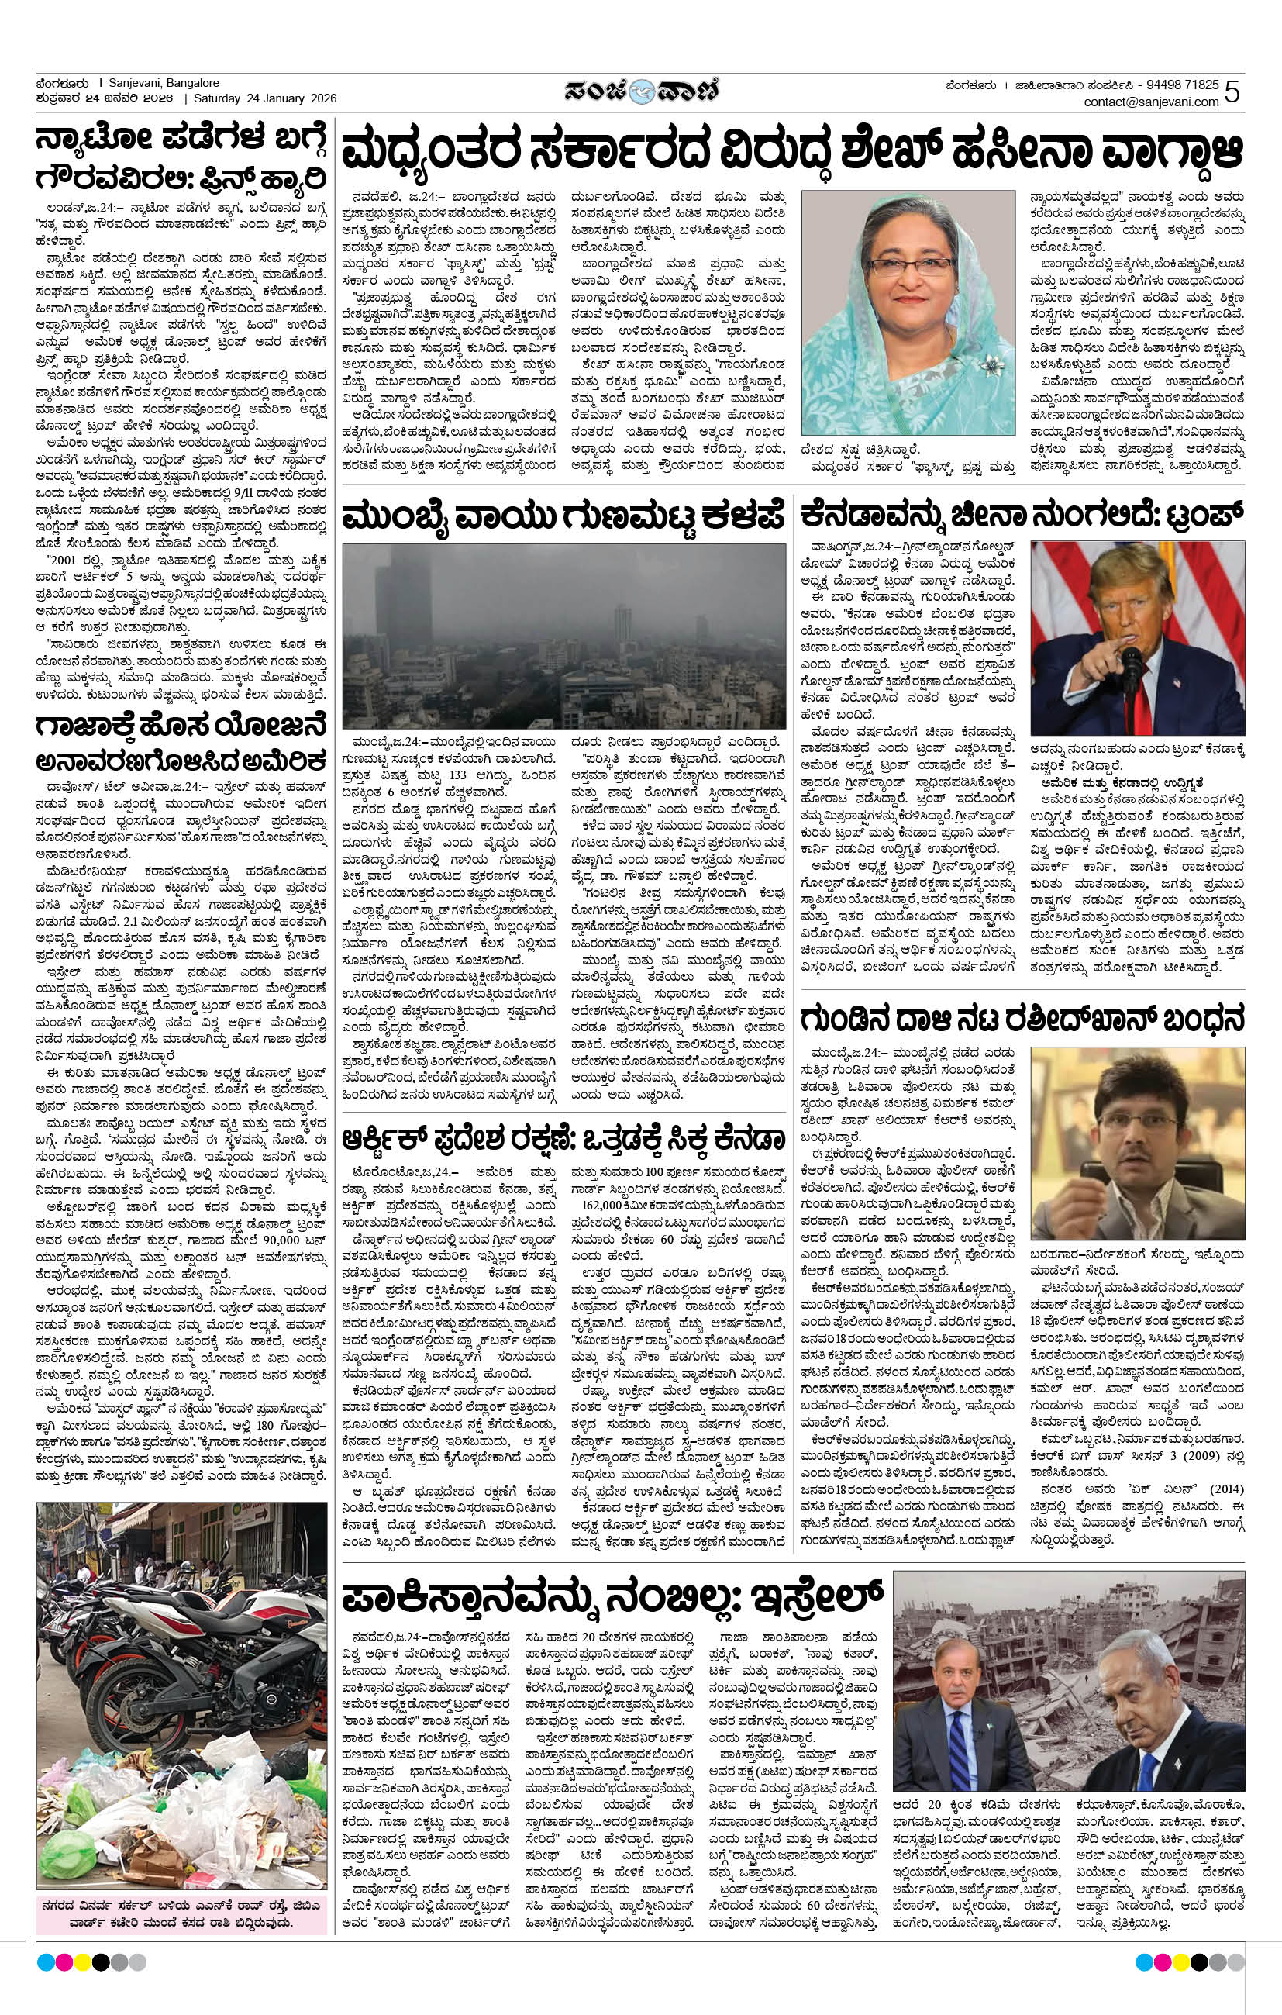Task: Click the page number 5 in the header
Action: point(1232,91)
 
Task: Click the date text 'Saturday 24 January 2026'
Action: point(265,98)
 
